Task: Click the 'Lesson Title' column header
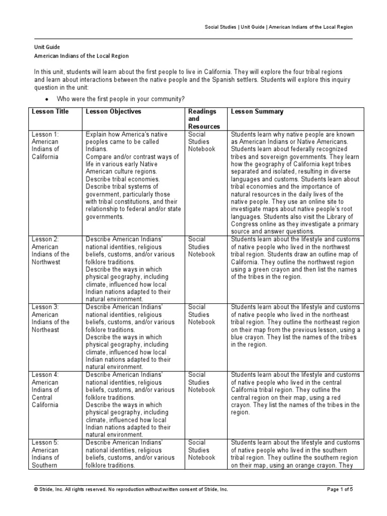tap(50, 111)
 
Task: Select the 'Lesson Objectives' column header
tap(113, 111)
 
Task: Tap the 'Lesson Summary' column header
tap(257, 111)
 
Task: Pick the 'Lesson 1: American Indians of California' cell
tap(46, 146)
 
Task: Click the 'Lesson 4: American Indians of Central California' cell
tap(46, 390)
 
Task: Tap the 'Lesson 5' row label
tap(46, 442)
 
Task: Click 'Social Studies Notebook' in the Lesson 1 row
tap(202, 142)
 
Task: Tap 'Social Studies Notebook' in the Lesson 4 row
tap(202, 382)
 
